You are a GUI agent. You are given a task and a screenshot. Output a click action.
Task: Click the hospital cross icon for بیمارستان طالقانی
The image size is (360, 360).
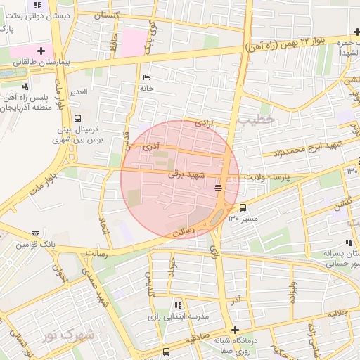(42, 51)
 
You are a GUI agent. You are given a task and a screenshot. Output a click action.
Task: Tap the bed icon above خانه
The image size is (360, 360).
(146, 77)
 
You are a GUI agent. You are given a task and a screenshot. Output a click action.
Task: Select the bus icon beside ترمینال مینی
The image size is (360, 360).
(77, 118)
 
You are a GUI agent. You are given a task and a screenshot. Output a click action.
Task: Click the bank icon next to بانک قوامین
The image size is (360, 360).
(35, 233)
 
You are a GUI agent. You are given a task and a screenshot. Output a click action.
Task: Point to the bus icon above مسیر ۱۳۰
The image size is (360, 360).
(243, 207)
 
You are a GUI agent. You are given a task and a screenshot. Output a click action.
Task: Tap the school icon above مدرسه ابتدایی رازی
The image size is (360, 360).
(177, 305)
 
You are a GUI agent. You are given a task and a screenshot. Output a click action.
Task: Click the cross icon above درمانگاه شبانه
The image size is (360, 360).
(235, 330)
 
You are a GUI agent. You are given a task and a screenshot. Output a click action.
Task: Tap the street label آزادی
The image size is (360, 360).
(202, 123)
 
